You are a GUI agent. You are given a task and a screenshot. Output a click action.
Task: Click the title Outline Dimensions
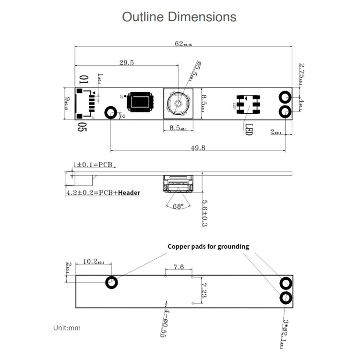click(179, 17)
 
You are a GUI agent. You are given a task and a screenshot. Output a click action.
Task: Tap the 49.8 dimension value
click(198, 148)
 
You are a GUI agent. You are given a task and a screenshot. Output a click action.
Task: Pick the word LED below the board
click(249, 130)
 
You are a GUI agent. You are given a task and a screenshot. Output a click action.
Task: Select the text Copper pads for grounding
click(208, 246)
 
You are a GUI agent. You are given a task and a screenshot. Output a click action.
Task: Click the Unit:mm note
click(67, 328)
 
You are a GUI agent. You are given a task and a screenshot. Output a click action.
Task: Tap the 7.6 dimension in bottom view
click(179, 267)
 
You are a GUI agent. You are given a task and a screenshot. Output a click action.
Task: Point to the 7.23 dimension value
click(203, 290)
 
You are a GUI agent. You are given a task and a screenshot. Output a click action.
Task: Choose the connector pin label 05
click(82, 127)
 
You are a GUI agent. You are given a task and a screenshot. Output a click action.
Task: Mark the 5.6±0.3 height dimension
click(204, 213)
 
